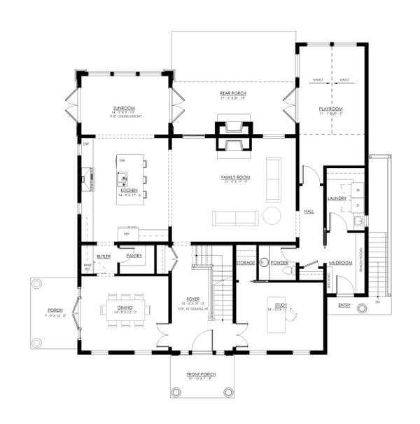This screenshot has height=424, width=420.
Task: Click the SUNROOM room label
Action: [x=123, y=109]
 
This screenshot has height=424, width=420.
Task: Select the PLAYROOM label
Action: [x=331, y=109]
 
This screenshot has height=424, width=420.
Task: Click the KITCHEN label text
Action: [x=129, y=190]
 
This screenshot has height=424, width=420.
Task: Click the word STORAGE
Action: [x=245, y=263]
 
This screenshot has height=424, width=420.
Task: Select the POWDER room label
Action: [x=279, y=263]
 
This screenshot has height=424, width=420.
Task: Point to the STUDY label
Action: [x=280, y=306]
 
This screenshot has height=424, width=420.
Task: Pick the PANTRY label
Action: [x=134, y=256]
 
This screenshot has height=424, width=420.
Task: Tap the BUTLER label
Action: [x=104, y=257]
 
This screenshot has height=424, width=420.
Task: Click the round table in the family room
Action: [x=272, y=216]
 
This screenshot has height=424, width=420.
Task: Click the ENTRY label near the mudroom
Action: [x=344, y=306]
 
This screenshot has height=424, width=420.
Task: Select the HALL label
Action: [x=308, y=212]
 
